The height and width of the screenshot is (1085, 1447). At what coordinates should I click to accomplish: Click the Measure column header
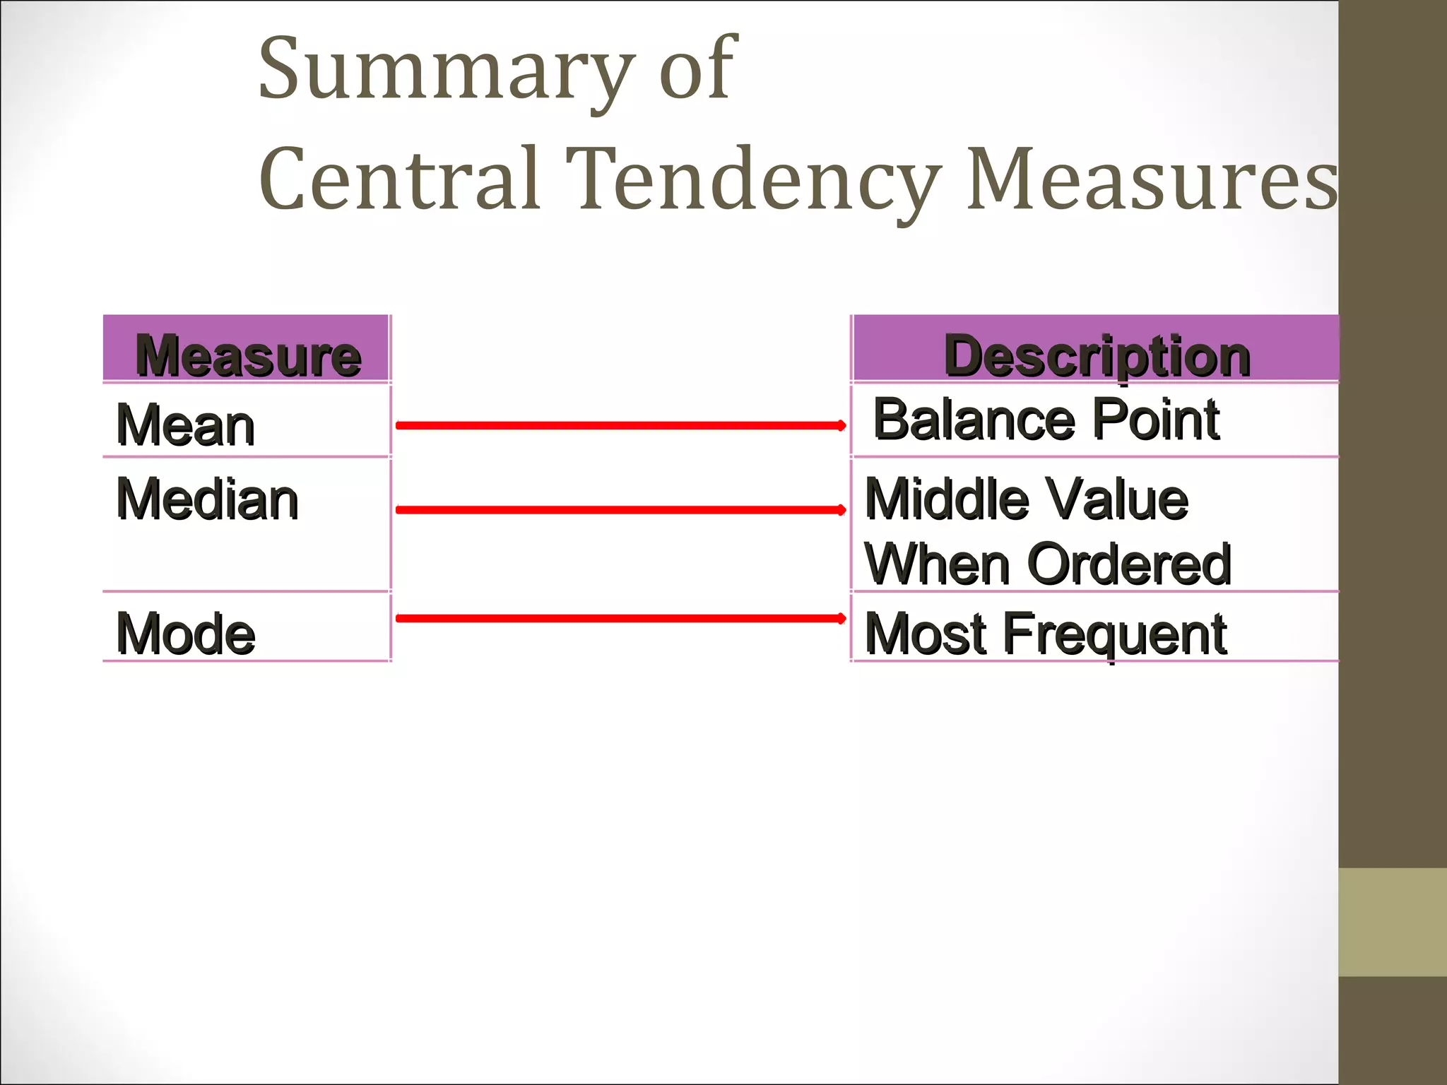coord(248,355)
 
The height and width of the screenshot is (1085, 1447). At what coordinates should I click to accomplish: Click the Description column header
coord(1097,355)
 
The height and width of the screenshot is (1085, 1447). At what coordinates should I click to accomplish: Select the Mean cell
coord(186,425)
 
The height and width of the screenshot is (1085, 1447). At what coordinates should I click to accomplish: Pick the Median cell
coord(207,499)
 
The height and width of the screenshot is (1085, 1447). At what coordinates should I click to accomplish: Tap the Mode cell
coord(186,634)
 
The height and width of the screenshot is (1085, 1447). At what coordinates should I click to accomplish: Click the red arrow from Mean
coord(620,425)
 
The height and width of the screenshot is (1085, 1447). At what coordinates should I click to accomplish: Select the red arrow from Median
coord(620,509)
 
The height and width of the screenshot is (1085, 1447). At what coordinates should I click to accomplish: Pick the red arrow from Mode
coord(620,618)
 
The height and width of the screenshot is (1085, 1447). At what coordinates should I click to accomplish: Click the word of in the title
coord(697,71)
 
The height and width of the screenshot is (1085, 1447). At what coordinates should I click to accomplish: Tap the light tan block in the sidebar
coord(1392,922)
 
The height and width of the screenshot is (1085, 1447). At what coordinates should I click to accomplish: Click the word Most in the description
coord(926,634)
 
